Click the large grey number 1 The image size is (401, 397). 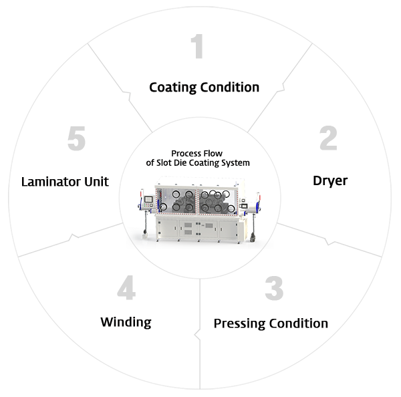[197, 46]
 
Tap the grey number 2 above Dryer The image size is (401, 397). [328, 138]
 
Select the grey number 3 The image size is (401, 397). [274, 288]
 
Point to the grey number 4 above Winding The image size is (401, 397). [126, 287]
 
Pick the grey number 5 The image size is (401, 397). [76, 138]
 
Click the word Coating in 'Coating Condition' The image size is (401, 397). [173, 88]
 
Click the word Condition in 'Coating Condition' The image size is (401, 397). [230, 88]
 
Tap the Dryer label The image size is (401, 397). [330, 181]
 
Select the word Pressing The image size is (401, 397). [240, 324]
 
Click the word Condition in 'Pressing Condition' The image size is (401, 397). [299, 323]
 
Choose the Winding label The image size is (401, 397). [126, 322]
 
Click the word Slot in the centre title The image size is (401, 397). [164, 162]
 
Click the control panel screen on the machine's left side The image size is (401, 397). [148, 199]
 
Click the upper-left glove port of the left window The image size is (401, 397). [176, 194]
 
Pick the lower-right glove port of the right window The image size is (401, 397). [231, 209]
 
